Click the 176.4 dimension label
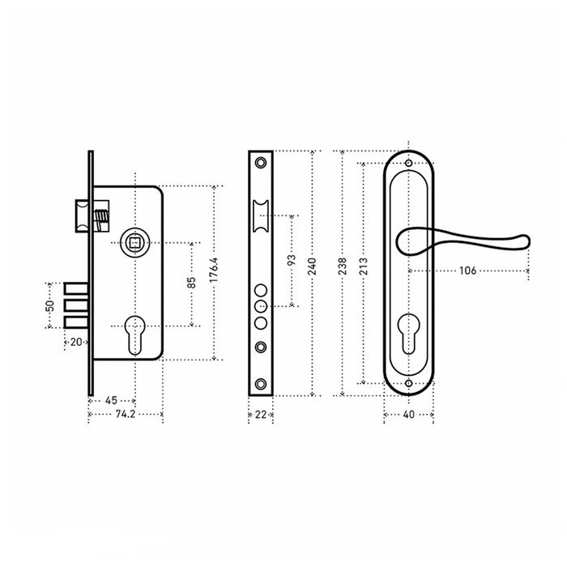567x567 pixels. click(214, 270)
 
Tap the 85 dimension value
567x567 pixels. click(192, 283)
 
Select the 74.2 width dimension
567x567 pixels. click(125, 414)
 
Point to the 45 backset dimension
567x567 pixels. click(111, 400)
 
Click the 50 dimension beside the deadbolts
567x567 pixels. click(50, 305)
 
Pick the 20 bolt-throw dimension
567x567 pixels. click(76, 342)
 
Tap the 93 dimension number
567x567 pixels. click(292, 260)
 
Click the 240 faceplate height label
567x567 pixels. click(312, 266)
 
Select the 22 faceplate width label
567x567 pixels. click(260, 415)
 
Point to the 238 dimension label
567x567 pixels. click(342, 266)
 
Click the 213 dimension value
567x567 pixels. click(364, 266)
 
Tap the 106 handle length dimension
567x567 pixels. click(467, 271)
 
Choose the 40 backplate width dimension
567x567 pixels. click(408, 415)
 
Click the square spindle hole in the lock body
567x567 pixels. click(135, 242)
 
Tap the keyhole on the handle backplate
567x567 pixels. click(408, 334)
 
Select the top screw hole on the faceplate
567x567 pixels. click(260, 162)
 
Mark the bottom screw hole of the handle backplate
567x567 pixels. click(408, 383)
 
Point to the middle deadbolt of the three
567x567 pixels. click(76, 305)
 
